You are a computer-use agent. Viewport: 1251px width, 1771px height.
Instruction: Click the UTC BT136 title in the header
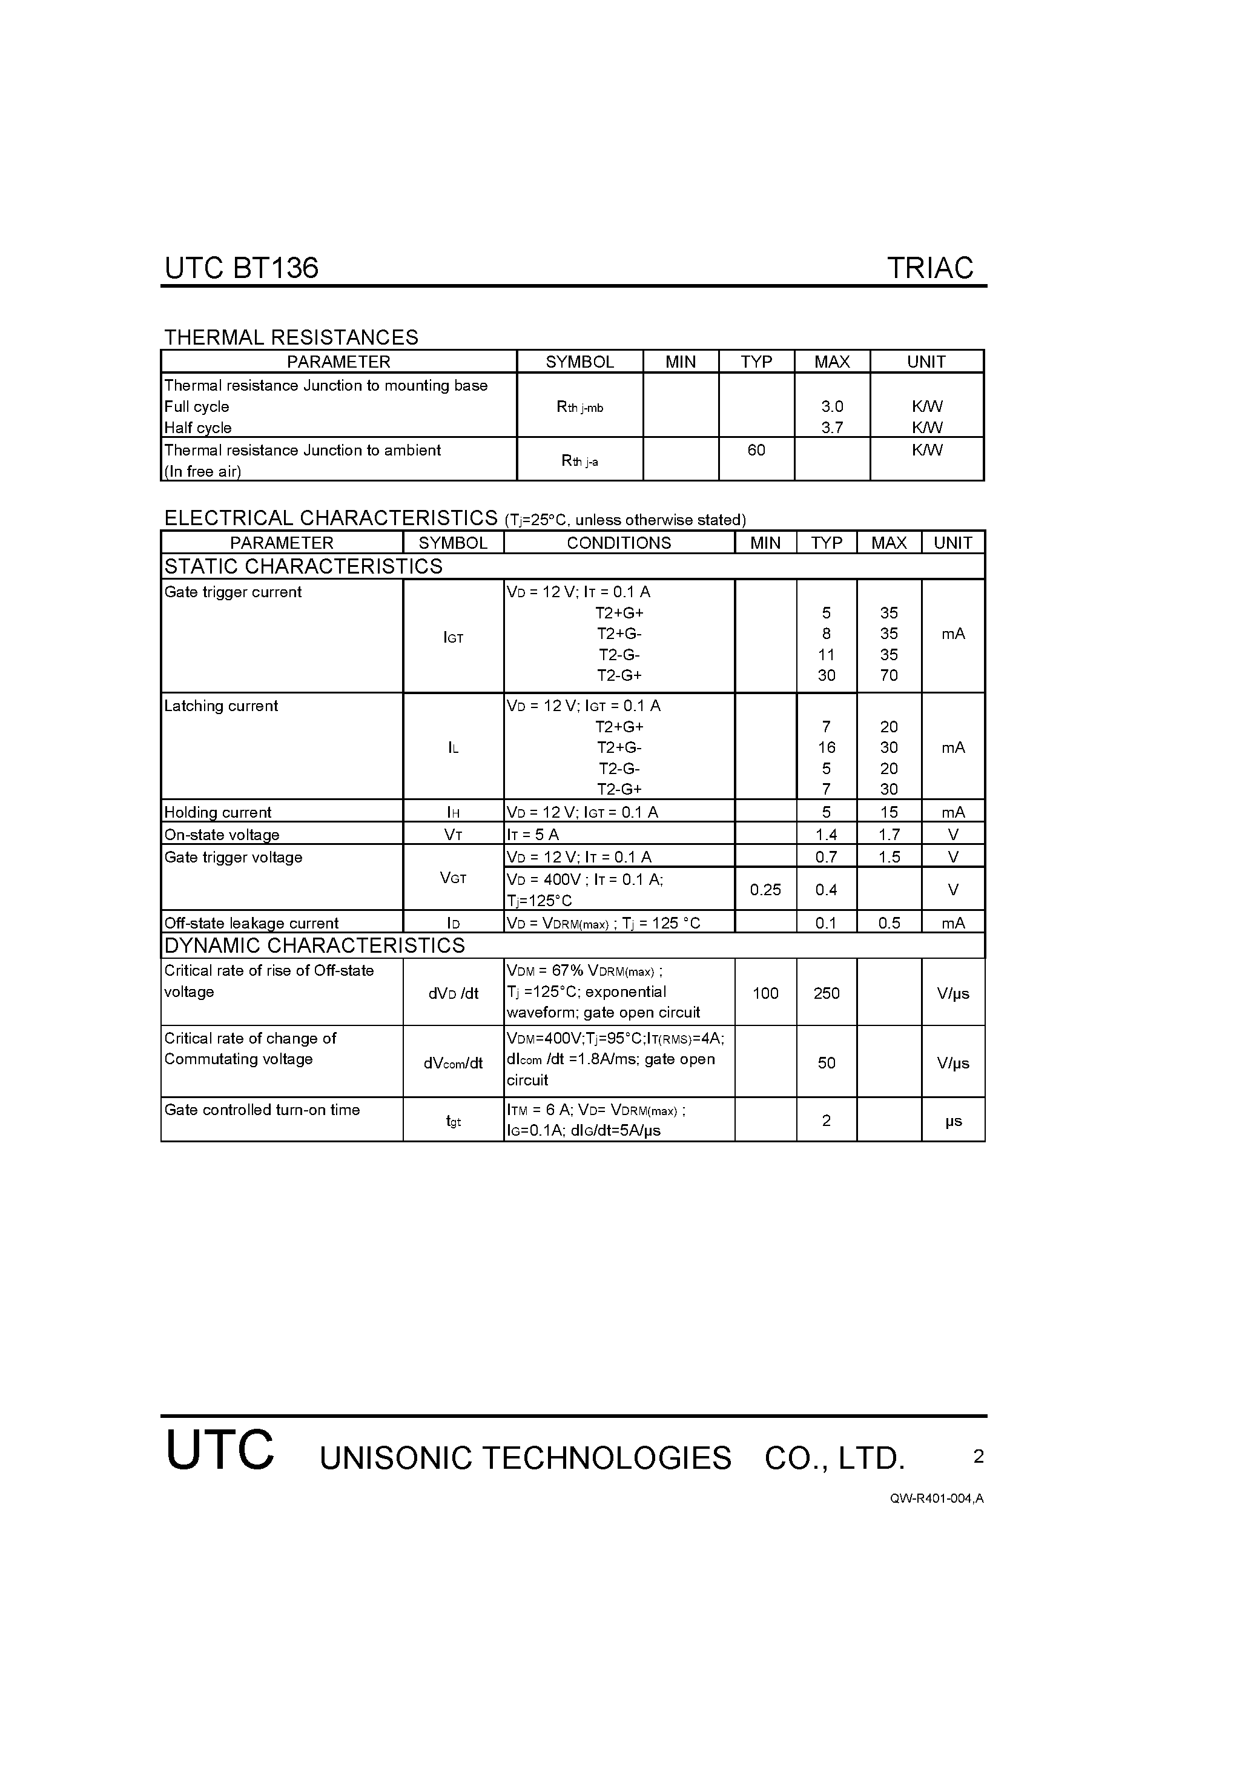click(242, 268)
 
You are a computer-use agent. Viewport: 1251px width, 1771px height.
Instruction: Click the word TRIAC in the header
click(930, 268)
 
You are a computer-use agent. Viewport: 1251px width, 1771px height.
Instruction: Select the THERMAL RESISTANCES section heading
click(291, 337)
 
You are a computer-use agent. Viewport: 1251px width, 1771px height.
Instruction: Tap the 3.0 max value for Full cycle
click(832, 406)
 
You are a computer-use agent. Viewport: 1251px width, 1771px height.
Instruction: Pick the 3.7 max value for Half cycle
click(832, 428)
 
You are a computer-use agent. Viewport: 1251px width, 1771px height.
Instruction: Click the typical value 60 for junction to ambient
click(756, 449)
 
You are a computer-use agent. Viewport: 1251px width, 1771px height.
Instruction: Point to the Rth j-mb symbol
click(579, 407)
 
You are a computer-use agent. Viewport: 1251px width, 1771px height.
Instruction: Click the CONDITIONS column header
click(619, 543)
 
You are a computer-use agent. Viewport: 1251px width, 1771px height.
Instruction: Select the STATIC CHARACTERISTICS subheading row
click(304, 566)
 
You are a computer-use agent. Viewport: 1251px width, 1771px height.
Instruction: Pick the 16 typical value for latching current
click(826, 747)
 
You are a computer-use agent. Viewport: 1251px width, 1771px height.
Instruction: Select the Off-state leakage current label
click(251, 923)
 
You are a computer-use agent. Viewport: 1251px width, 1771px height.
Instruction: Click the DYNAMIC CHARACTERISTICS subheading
click(315, 945)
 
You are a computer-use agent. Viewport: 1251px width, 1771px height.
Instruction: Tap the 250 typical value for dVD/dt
click(826, 993)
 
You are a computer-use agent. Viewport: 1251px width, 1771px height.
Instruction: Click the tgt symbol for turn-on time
click(454, 1121)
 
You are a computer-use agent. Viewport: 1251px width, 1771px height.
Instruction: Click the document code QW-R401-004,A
click(936, 1498)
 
